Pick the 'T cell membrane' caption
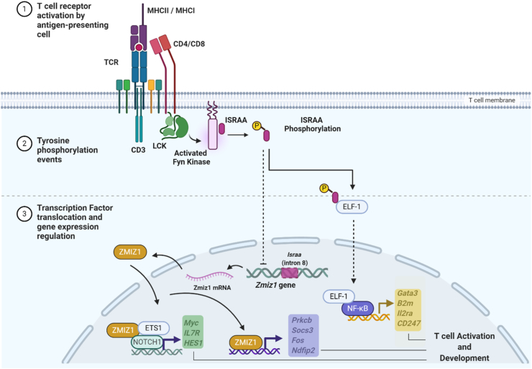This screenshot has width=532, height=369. pyautogui.click(x=492, y=100)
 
